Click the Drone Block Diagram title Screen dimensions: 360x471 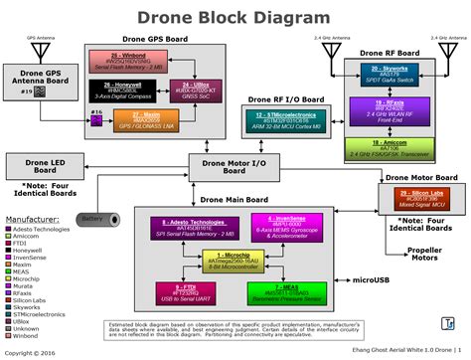[235, 17]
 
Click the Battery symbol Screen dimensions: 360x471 [94, 219]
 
